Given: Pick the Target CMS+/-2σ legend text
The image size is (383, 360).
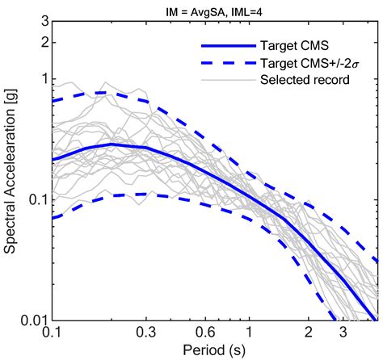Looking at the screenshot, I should [305, 59].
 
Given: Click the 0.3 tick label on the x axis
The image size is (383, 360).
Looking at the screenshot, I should [145, 333].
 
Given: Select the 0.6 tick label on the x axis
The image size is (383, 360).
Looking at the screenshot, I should [204, 333].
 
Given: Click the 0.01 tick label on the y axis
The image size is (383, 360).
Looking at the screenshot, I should [32, 320].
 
